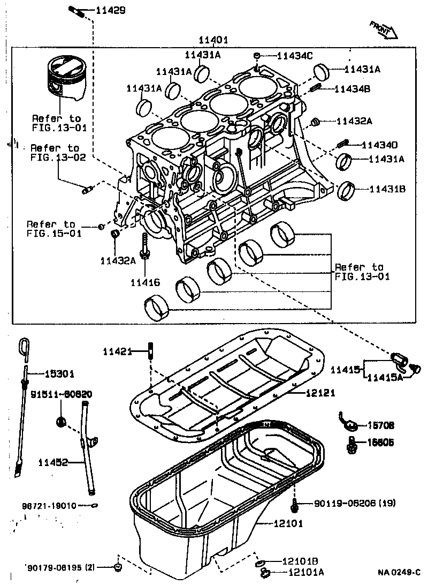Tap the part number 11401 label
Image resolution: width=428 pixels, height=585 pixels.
(x=213, y=40)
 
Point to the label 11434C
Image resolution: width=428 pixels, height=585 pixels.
(x=295, y=55)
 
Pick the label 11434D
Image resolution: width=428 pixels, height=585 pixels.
(x=379, y=145)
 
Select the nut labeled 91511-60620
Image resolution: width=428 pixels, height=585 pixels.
(x=62, y=421)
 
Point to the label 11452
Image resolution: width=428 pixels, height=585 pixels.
(x=53, y=462)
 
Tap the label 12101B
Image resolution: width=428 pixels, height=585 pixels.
(x=300, y=561)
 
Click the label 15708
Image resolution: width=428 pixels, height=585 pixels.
(x=380, y=426)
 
